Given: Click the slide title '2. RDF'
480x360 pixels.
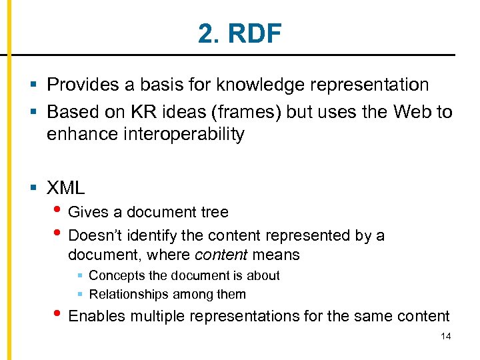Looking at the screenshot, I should point(240,33).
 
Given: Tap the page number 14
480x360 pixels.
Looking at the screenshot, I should point(446,337).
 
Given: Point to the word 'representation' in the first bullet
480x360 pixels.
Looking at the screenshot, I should point(379,85).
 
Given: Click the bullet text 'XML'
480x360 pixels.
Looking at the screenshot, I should point(66,187).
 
